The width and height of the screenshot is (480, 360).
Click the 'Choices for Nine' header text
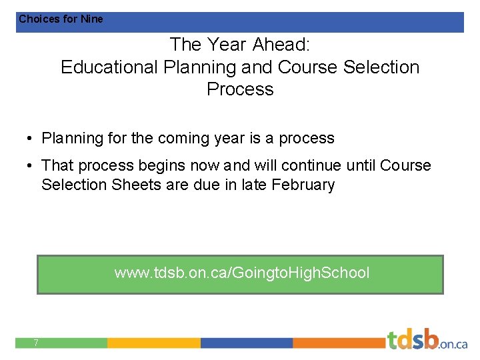point(61,19)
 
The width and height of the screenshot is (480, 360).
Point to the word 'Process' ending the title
point(240,89)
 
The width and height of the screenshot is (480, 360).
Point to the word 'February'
point(303,185)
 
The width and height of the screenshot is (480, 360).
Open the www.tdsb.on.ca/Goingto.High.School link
point(241,273)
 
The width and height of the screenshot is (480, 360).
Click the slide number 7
point(36,343)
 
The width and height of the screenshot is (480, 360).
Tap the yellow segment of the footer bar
point(153,343)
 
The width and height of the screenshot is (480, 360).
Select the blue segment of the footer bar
point(247,343)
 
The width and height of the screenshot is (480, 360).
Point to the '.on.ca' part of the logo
point(453,343)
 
